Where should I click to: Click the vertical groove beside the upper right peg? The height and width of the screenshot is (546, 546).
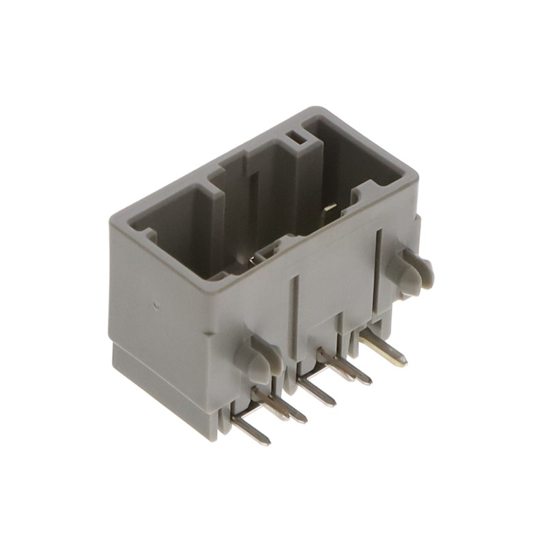pyautogui.click(x=377, y=270)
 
